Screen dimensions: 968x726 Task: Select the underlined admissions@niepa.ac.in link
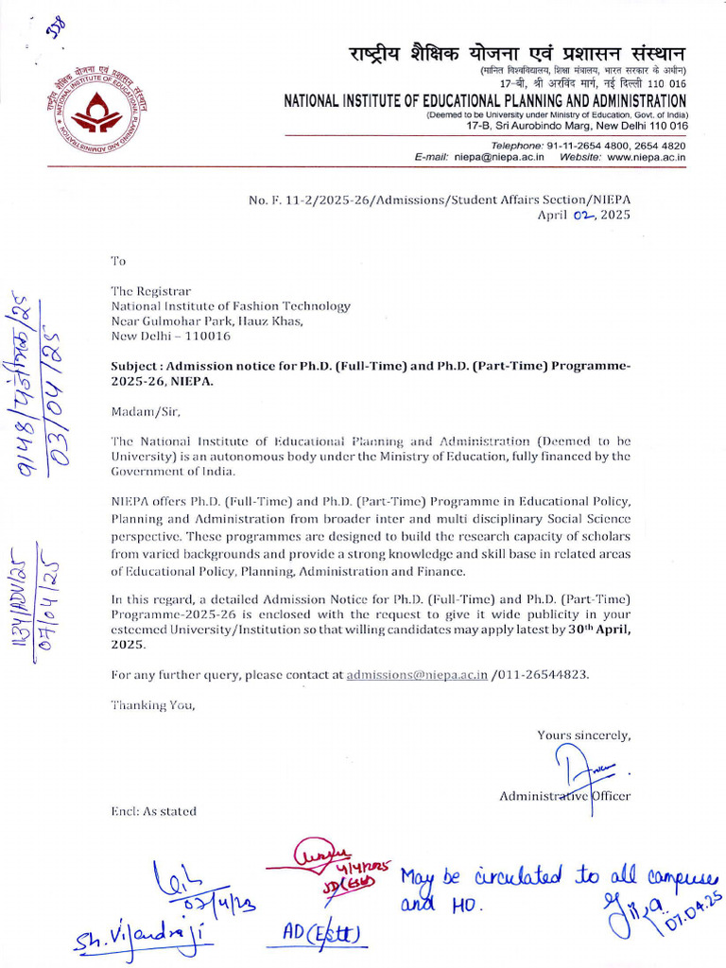point(417,674)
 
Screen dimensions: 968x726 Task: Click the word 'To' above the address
point(118,260)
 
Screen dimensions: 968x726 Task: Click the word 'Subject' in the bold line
point(136,366)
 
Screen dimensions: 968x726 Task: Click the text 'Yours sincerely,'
point(583,735)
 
